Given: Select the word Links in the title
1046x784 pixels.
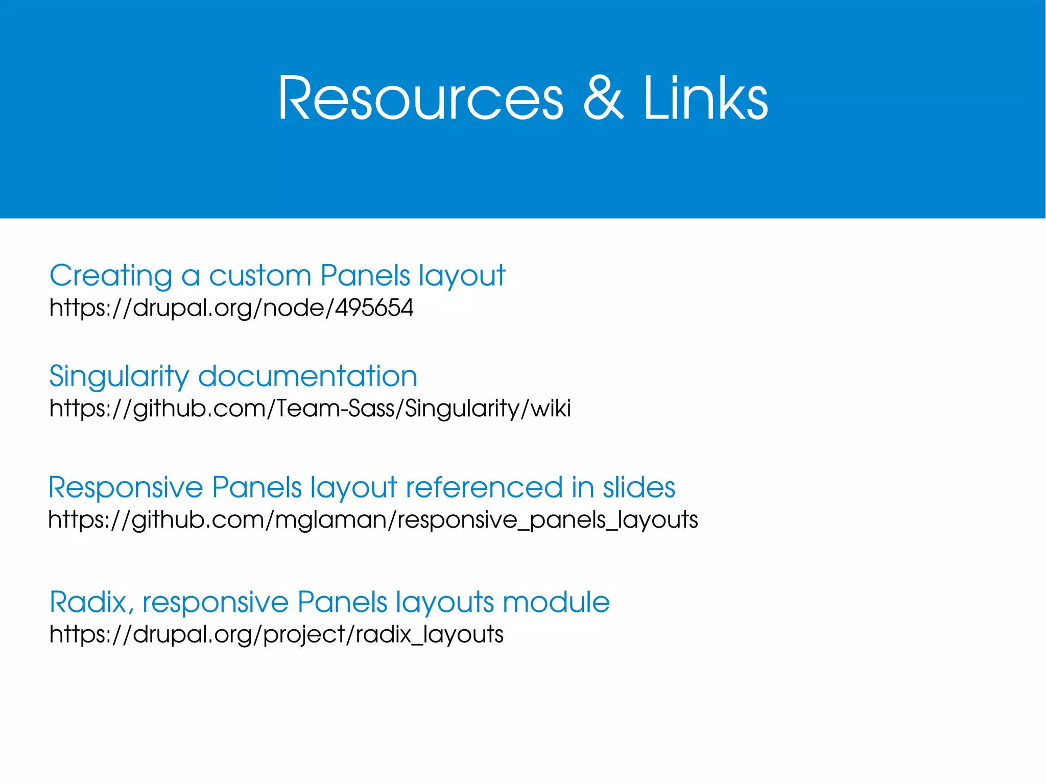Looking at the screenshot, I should coord(705,98).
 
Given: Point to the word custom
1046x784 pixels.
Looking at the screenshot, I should coord(260,276).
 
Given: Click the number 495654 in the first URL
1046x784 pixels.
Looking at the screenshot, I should coord(374,308).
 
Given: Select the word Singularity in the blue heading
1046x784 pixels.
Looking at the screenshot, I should coord(119,377).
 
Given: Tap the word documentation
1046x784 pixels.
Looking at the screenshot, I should coord(307,376).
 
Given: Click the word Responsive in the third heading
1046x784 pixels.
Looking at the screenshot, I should coord(126,488).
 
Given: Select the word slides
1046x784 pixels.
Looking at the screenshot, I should coord(639,487).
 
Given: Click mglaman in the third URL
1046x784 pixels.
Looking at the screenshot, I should coord(331,520).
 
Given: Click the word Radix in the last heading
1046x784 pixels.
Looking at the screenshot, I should coord(88,602).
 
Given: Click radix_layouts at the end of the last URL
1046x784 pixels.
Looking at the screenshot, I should coord(429,634).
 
